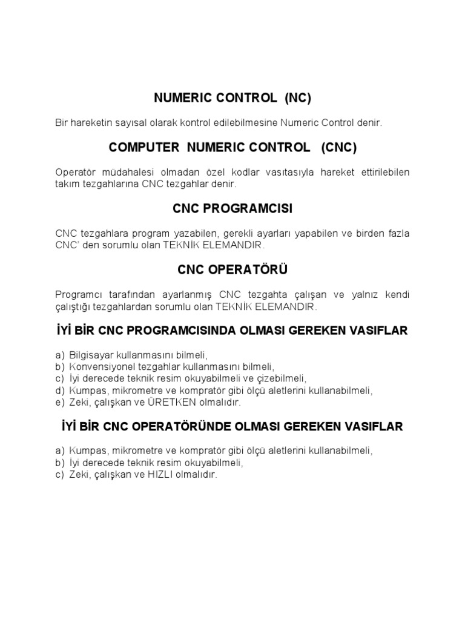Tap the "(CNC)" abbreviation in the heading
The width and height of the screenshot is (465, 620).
tap(339, 147)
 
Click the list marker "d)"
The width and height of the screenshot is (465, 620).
tap(59, 391)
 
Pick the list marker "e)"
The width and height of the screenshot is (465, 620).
tap(59, 402)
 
